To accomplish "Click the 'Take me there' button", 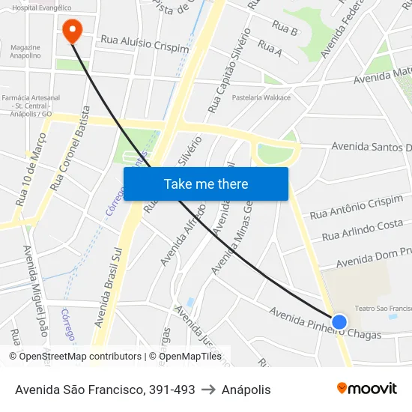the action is point(205,184).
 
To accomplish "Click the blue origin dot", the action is point(339,322).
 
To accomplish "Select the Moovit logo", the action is point(366,388).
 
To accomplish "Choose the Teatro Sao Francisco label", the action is point(383,308).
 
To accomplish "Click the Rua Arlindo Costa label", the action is point(362,230).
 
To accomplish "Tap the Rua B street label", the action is point(285,29).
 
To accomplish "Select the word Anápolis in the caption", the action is point(246,390).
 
